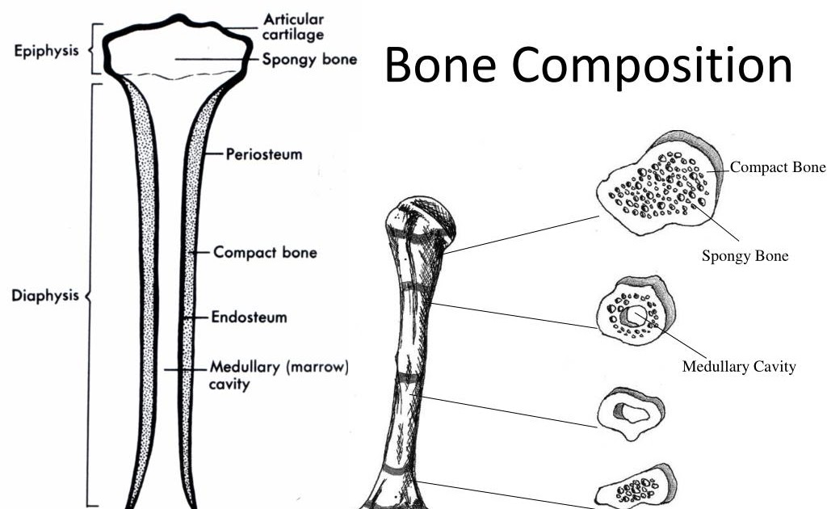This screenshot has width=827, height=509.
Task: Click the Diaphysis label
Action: pos(45,296)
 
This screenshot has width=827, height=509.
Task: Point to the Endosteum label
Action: pos(248,318)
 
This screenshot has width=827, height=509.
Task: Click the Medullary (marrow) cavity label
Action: pos(279,376)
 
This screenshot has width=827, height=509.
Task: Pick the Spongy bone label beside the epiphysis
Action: pos(309,60)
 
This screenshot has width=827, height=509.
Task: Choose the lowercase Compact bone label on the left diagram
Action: pos(265,252)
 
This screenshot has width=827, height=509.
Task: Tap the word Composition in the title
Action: pos(654,66)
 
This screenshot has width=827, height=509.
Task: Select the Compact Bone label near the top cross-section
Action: pos(778,168)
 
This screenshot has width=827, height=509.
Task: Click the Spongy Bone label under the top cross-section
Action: pos(745,257)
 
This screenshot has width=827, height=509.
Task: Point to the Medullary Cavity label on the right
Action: pos(739,367)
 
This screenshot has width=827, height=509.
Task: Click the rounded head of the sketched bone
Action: pos(420,222)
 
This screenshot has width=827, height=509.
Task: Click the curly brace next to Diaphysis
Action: pos(90,296)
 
